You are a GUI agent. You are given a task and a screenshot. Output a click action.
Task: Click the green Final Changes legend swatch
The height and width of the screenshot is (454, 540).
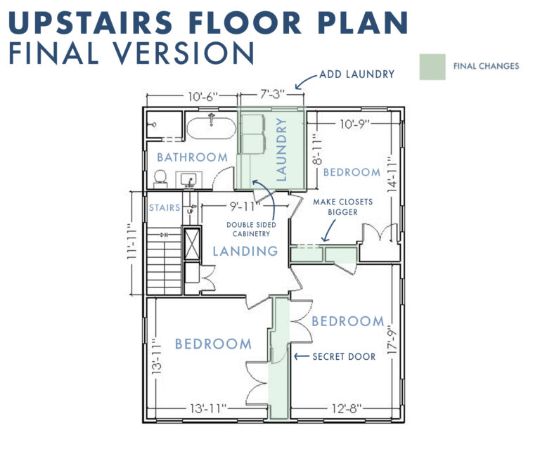(432, 67)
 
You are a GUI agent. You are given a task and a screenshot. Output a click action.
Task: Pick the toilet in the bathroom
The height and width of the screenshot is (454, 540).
(160, 179)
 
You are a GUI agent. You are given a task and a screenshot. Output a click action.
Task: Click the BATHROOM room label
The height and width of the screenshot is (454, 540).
(192, 157)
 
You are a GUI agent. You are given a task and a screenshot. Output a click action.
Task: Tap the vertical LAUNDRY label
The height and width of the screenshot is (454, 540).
(281, 150)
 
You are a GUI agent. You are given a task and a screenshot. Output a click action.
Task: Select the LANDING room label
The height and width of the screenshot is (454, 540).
(245, 251)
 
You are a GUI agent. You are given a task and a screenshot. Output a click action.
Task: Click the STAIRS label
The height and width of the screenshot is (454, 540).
(165, 209)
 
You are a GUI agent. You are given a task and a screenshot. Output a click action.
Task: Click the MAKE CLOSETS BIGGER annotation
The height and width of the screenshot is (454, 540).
(342, 207)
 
